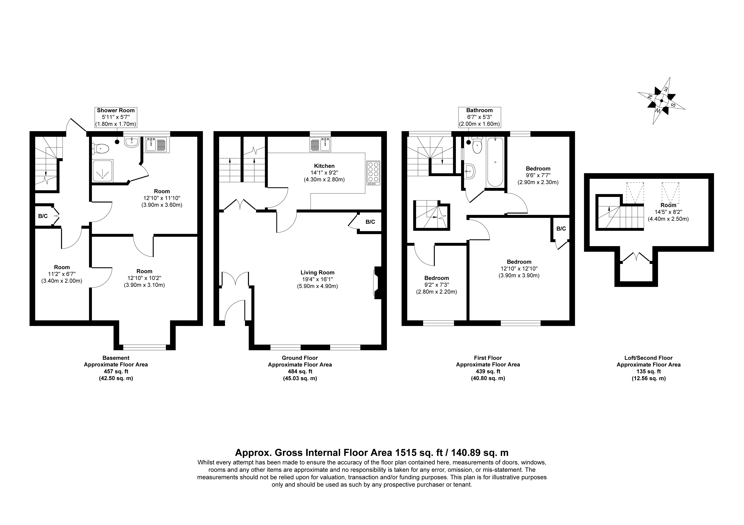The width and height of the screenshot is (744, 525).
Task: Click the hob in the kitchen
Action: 373,173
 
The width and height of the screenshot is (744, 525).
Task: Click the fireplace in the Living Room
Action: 377,281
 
